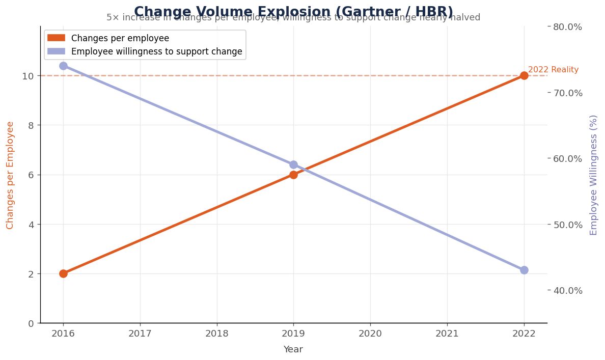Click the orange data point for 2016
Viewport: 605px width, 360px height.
63,273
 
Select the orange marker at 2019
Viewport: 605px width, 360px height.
293,175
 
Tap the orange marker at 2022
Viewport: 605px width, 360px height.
524,75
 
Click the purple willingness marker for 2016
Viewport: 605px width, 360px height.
63,66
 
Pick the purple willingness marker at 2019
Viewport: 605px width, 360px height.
293,164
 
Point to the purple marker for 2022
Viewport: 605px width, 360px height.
524,270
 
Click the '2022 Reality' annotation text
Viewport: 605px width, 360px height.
553,70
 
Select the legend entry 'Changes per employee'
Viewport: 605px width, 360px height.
120,38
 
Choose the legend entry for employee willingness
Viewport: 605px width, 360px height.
156,51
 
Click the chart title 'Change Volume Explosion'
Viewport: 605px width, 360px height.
293,12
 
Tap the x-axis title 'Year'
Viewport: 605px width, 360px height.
293,349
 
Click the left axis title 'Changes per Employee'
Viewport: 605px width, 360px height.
10,175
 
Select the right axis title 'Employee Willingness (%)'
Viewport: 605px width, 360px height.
593,175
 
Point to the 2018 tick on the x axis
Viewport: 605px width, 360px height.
216,334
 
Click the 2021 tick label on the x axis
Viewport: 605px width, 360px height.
447,334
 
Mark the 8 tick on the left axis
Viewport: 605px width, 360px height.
31,125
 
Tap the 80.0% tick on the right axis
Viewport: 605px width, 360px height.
567,26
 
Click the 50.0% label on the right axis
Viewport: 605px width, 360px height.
567,225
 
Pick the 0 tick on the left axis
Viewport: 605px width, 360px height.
31,323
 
